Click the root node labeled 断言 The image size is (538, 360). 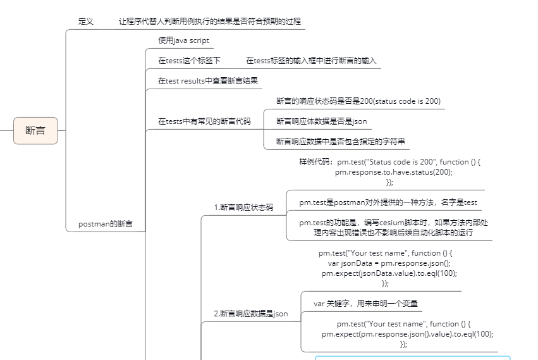pos(35,131)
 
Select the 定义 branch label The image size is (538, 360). pos(86,21)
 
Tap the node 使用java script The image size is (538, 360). pos(183,40)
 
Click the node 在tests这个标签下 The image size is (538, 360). pos(189,61)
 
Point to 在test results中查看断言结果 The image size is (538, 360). pos(208,81)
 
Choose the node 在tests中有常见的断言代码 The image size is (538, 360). pos(204,121)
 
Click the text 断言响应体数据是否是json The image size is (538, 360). pos(321,121)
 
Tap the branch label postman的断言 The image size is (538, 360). pos(105,224)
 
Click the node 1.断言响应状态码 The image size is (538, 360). pos(243,207)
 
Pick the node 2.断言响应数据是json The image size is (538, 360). pos(250,313)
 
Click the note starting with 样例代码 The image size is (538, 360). pos(389,162)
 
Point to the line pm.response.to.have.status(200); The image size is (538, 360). pos(393,172)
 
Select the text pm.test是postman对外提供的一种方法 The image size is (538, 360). pos(388,202)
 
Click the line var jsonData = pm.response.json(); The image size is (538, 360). pos(389,263)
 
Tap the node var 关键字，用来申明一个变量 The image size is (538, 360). pos(365,304)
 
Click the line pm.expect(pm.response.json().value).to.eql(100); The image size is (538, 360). pos(407,334)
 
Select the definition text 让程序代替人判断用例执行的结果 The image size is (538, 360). pos(211,21)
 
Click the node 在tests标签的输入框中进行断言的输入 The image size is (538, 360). pos(311,61)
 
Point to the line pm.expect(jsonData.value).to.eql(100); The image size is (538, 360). pos(389,273)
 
